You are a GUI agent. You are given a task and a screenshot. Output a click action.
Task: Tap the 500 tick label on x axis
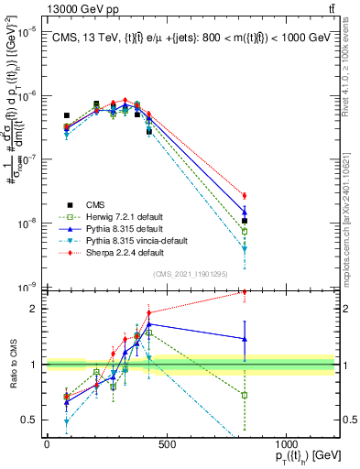click(x=166, y=444)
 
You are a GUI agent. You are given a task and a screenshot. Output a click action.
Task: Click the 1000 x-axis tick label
click(x=286, y=444)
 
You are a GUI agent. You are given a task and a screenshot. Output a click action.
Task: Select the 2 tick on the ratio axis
click(x=37, y=309)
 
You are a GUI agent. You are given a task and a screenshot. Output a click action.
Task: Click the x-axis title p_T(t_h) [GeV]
click(x=296, y=458)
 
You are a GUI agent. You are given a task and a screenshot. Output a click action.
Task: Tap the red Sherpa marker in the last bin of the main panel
click(x=245, y=195)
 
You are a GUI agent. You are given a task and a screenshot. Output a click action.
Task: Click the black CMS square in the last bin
click(x=245, y=221)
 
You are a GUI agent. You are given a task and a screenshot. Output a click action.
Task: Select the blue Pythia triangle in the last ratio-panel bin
click(x=245, y=339)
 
